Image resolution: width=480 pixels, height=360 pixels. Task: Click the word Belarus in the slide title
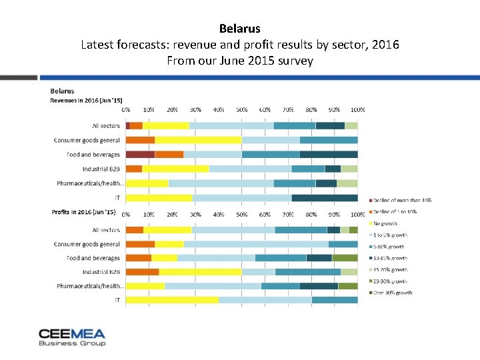[x=239, y=29]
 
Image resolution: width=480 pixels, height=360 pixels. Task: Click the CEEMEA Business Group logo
[x=72, y=337]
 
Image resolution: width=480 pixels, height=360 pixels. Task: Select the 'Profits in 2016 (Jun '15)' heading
[x=83, y=212]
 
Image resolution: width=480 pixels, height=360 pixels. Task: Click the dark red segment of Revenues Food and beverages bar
[x=140, y=154]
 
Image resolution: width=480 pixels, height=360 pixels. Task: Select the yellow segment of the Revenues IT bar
[x=159, y=197]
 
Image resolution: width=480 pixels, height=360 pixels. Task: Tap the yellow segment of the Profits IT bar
[x=172, y=300]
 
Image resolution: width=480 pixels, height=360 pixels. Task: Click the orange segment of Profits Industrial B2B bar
[x=142, y=271]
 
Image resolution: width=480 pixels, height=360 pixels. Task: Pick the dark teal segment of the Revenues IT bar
[x=325, y=197]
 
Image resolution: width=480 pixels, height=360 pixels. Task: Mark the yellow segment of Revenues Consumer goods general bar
[x=198, y=140]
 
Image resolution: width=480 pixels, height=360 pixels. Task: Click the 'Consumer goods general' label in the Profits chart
[x=87, y=244]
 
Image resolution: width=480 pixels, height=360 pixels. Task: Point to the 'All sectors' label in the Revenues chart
[x=106, y=125]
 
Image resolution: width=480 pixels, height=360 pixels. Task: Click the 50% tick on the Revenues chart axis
[x=241, y=109]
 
